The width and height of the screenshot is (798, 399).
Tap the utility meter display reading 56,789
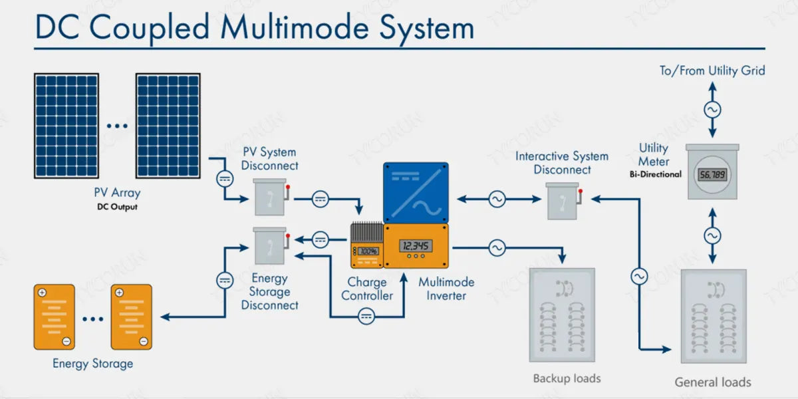712,175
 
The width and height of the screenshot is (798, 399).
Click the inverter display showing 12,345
416,245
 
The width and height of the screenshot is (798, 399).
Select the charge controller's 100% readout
368,251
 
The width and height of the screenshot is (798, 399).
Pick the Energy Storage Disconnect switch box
270,247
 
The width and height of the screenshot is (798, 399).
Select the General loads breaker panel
713,317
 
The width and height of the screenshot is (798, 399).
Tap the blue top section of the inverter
416,192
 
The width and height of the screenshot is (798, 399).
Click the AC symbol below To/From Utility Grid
712,110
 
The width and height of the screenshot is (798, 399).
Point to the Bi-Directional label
656,174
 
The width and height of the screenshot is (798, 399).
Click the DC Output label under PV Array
117,207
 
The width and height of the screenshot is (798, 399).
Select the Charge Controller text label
366,289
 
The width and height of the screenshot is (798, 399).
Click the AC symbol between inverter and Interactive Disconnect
497,198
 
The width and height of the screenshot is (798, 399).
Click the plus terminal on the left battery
42,293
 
